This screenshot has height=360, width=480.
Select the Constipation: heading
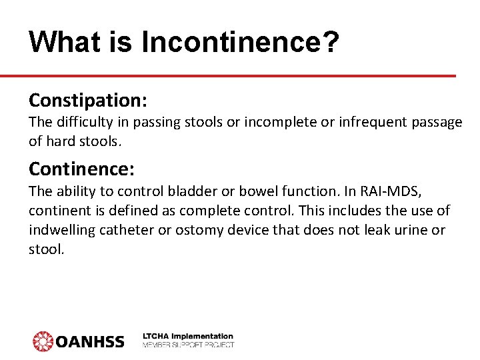(x=88, y=101)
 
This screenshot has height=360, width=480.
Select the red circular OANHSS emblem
(x=43, y=341)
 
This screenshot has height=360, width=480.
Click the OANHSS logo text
(x=89, y=341)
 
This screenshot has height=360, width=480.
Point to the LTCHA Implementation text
(x=188, y=336)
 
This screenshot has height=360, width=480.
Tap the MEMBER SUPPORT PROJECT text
(x=188, y=345)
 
